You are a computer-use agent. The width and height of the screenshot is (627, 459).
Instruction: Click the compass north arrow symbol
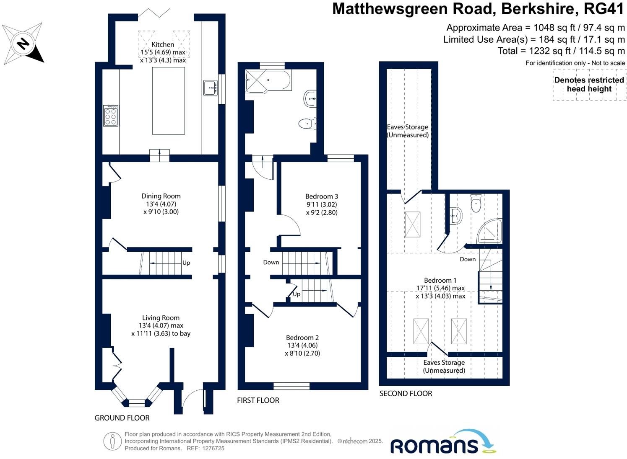(x=23, y=44)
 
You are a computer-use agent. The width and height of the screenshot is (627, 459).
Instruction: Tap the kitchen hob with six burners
(x=111, y=116)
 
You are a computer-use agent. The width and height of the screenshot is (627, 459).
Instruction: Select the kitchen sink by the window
(x=211, y=88)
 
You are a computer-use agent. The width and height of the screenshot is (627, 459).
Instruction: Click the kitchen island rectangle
(x=168, y=101)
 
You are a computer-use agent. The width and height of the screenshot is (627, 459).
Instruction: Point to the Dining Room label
(x=161, y=196)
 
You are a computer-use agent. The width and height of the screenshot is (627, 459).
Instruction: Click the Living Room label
(x=161, y=318)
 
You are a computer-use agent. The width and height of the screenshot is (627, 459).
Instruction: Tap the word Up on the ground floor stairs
(x=186, y=263)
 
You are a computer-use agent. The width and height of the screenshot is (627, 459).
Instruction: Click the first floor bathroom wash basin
(x=310, y=99)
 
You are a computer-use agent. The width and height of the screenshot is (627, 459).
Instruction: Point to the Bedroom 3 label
(x=322, y=196)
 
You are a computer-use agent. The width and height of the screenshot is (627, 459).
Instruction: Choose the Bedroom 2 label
(x=302, y=338)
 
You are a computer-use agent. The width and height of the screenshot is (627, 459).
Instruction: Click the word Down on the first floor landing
(x=271, y=262)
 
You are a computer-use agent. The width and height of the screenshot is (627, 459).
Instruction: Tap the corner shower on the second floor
(x=490, y=232)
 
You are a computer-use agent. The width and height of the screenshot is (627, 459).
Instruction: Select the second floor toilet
(x=476, y=204)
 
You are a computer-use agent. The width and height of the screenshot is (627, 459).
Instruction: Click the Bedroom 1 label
(x=440, y=281)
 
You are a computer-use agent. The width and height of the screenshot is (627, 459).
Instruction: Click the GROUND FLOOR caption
(x=122, y=418)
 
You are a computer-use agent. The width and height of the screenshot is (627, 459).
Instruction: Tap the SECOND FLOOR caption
(x=406, y=394)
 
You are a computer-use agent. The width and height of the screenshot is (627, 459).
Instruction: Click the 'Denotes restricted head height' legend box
(x=589, y=85)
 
